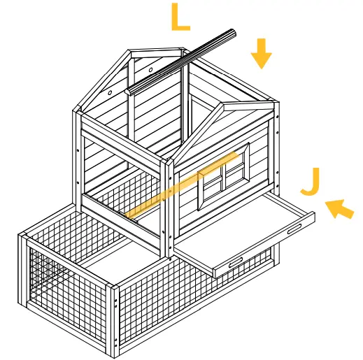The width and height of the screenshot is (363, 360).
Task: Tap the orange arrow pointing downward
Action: click(261, 54)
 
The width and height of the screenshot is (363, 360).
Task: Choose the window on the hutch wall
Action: click(224, 181)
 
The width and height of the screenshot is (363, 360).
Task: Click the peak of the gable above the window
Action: click(225, 105)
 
